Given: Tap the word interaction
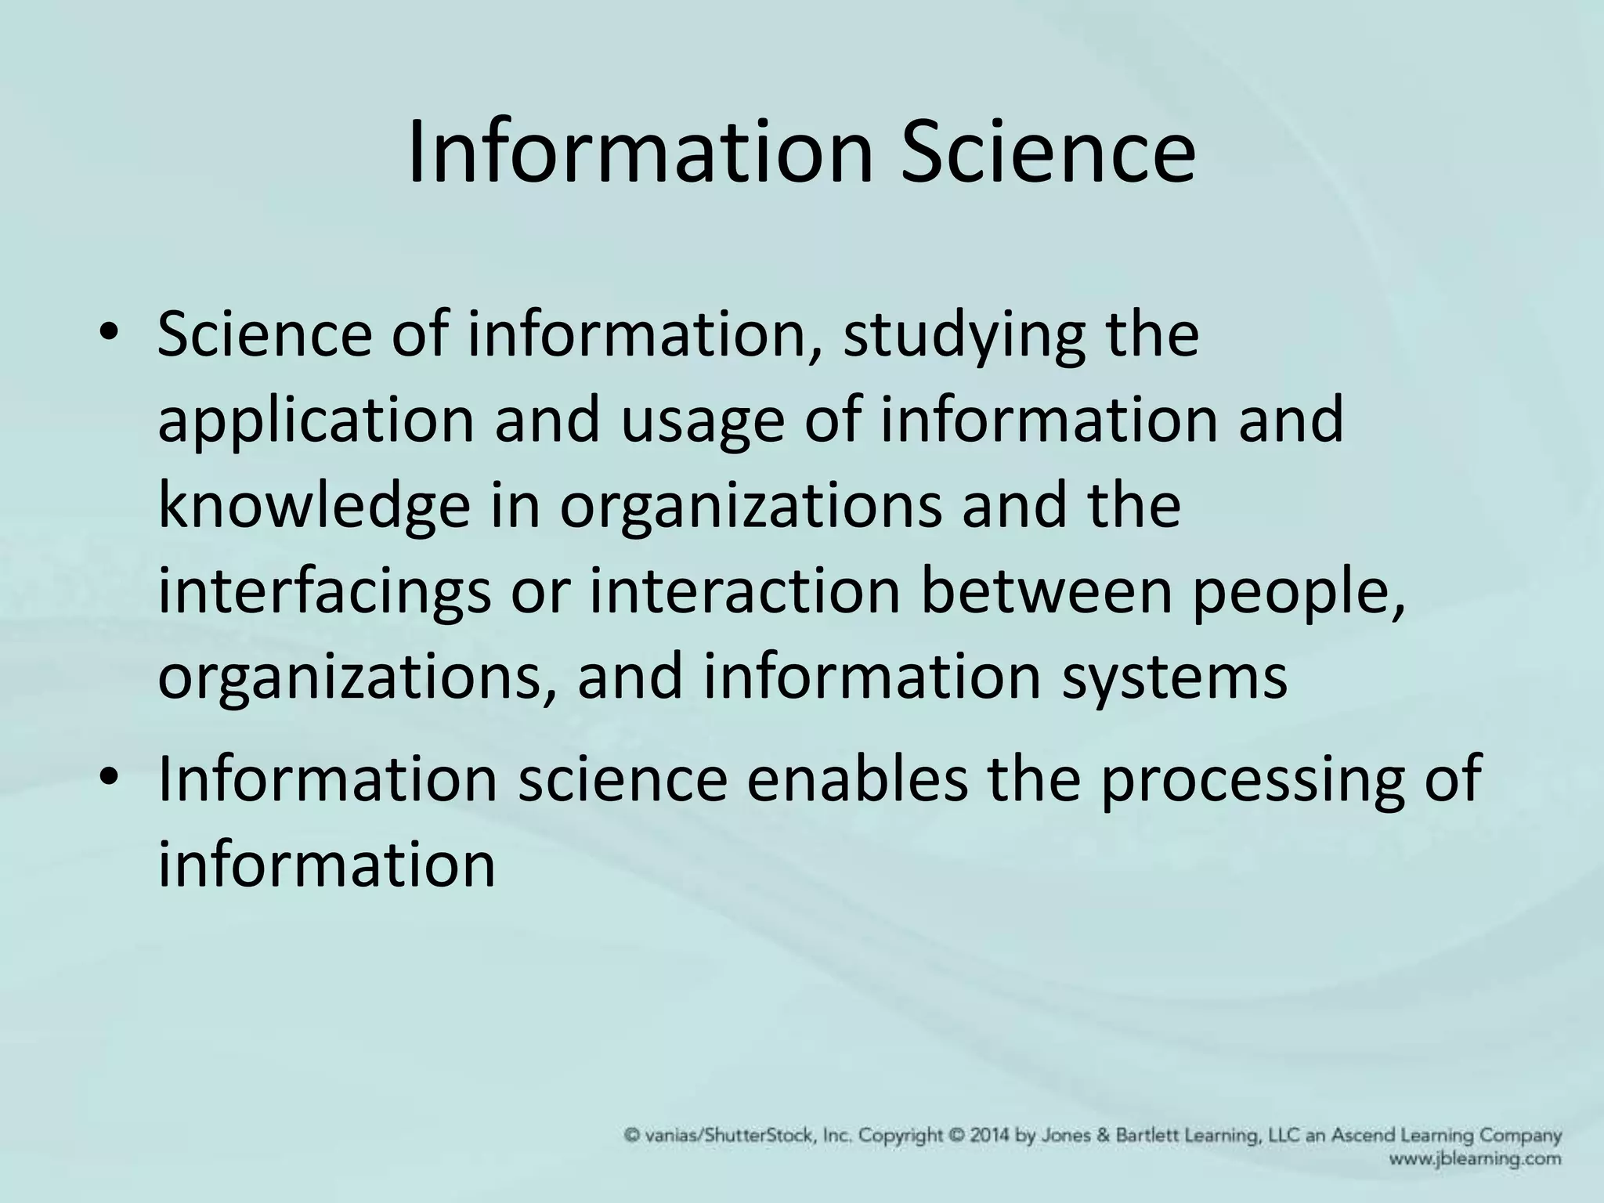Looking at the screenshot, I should click(745, 591).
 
